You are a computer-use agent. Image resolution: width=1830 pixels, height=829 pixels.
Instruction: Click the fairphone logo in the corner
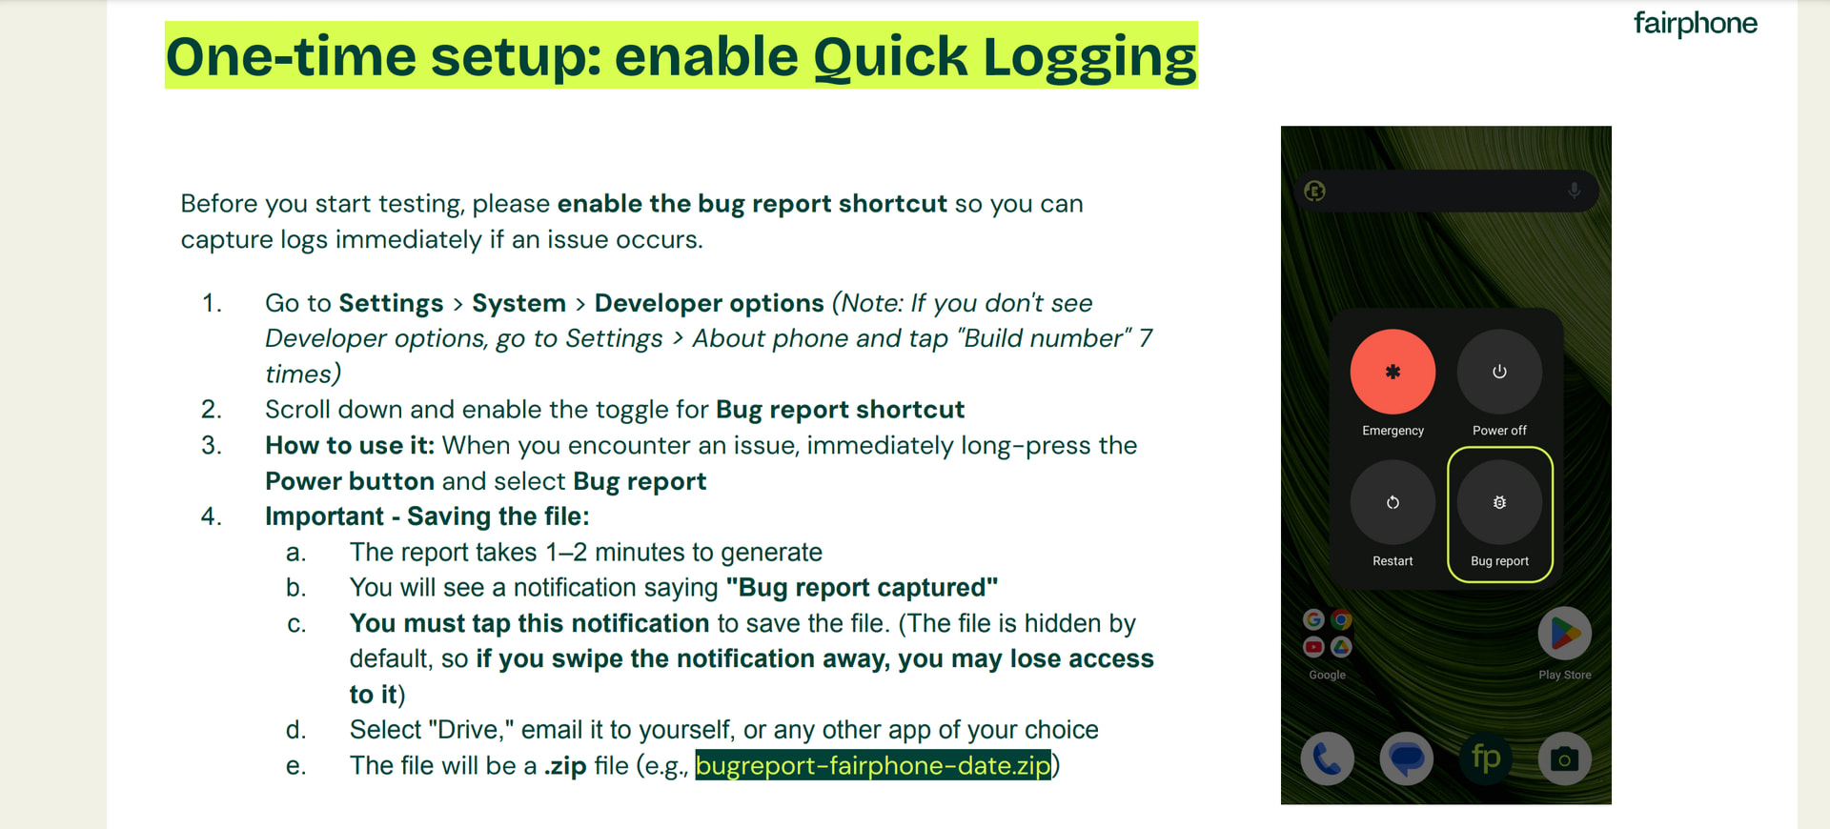1695,23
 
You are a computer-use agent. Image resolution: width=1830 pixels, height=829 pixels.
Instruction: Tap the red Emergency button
1393,372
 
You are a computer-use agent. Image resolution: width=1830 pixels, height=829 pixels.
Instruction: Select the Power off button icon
1499,372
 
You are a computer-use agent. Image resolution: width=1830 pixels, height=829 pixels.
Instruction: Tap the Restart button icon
1393,502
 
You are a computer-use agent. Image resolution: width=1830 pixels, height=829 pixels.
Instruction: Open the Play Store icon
1565,634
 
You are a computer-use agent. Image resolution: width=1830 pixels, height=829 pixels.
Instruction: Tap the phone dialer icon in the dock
1327,758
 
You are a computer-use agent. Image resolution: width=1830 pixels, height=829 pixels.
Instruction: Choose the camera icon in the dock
1564,758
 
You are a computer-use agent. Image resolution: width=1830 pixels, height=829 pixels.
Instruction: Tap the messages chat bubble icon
1406,758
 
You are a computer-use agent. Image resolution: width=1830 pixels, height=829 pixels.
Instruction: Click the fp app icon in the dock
1486,758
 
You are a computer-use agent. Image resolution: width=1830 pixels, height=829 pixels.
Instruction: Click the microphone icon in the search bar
1575,191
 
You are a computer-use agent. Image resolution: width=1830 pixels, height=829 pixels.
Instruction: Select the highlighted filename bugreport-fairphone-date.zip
873,765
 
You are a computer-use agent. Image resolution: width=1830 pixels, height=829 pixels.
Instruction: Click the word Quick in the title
890,56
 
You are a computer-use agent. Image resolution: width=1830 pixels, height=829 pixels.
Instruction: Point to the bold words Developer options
709,303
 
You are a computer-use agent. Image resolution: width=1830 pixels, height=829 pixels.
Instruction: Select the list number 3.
212,445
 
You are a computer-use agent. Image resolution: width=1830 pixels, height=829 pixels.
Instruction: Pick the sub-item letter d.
296,730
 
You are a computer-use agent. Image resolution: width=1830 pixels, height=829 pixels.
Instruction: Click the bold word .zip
565,766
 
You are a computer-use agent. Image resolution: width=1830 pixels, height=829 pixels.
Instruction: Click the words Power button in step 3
350,481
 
